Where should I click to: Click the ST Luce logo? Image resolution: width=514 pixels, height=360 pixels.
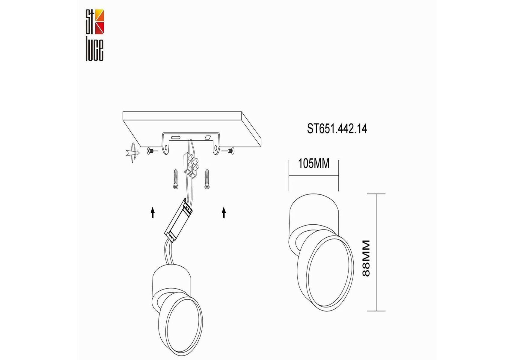pyautogui.click(x=95, y=35)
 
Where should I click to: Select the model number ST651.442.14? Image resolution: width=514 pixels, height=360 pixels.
pyautogui.click(x=337, y=129)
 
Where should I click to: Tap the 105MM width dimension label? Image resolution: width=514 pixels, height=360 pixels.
pyautogui.click(x=314, y=164)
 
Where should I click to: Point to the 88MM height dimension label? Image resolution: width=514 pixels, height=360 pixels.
pyautogui.click(x=366, y=258)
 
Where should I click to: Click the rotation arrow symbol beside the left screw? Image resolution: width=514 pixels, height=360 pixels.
pyautogui.click(x=132, y=153)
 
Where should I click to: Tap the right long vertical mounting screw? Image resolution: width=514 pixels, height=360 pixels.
pyautogui.click(x=206, y=179)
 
